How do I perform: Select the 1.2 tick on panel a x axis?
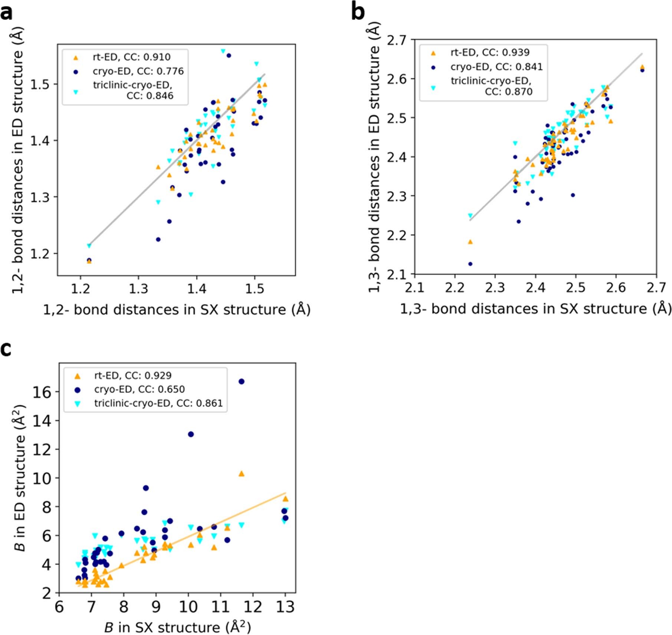[x=80, y=288]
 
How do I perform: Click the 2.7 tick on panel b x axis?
[x=656, y=287]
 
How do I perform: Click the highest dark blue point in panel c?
[x=241, y=381]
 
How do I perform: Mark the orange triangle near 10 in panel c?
[x=241, y=474]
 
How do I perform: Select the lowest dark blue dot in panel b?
[x=470, y=264]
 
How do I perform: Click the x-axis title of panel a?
[x=177, y=309]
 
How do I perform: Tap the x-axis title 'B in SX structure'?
[x=177, y=627]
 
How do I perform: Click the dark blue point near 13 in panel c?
[x=191, y=434]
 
